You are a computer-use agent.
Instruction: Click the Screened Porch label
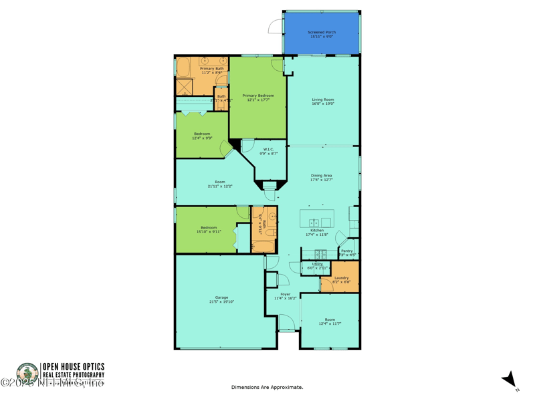pos(322,34)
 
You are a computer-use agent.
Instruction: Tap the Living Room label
pos(322,102)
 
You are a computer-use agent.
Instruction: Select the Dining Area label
pos(322,177)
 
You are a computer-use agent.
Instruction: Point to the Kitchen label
pos(317,233)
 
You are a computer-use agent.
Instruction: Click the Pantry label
pos(347,253)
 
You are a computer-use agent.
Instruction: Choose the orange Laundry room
pos(341,279)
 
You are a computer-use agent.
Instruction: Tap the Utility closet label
pos(317,265)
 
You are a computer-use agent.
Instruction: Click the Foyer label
pos(286,296)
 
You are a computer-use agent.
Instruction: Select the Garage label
pos(221,299)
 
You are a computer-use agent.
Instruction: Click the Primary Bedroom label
pos(258,98)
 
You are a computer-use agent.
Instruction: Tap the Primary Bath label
pos(212,70)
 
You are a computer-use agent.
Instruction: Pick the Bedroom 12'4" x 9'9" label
pos(202,136)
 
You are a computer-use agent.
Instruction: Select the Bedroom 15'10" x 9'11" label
pos(209,229)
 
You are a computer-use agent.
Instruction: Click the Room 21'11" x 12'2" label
pos(220,184)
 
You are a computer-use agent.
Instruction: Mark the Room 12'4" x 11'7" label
pos(330,321)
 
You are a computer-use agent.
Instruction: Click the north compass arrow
pos(511,379)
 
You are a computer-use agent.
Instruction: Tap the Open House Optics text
pos(74,366)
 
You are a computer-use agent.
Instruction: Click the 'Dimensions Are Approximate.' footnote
pos(267,387)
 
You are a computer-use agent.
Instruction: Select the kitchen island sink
pos(314,223)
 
